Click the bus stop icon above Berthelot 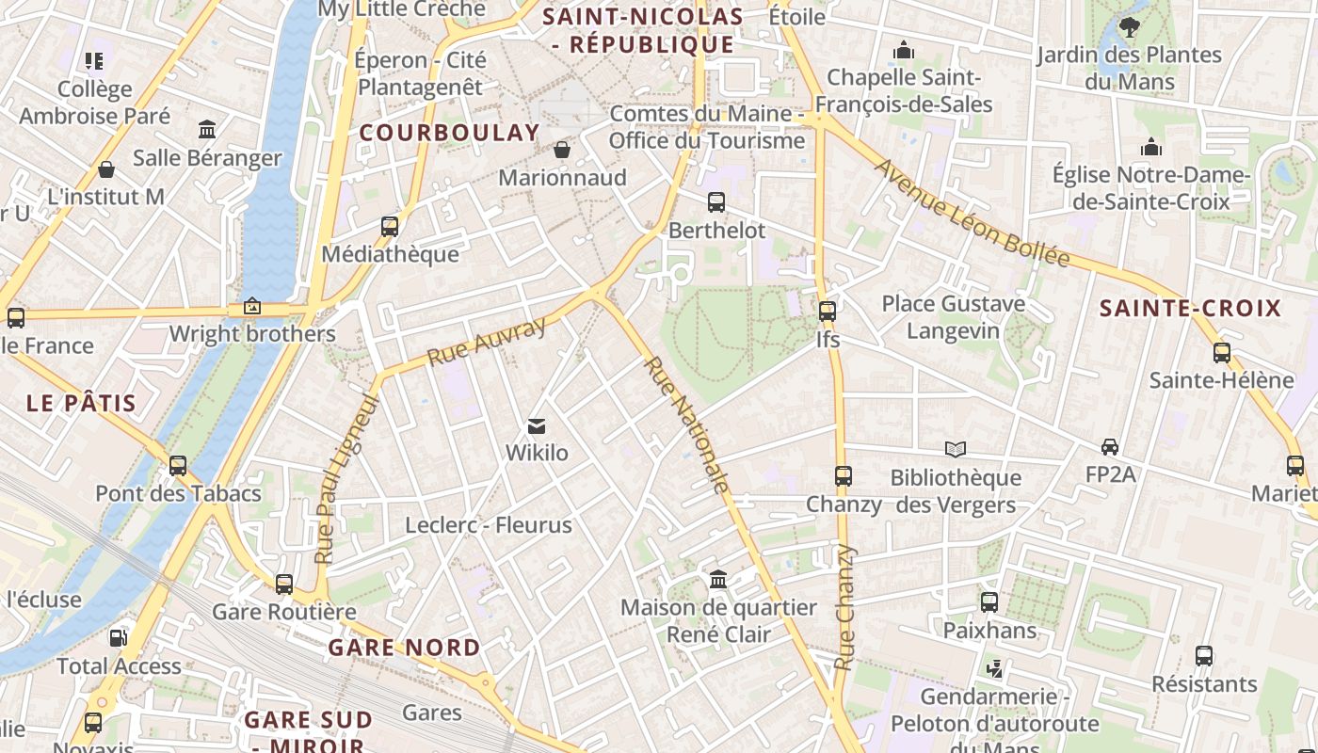pos(716,201)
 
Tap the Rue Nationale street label pos(686,425)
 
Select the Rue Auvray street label pos(486,342)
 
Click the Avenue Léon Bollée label pos(972,213)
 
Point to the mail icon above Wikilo pos(537,426)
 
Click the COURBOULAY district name pos(449,133)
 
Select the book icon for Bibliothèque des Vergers pos(956,449)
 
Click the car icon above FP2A pos(1110,446)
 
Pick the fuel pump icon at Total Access pos(118,637)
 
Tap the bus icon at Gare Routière pos(284,584)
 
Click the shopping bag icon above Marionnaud pos(562,150)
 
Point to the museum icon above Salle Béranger pos(207,129)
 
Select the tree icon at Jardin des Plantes pos(1129,27)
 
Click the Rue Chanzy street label pos(845,607)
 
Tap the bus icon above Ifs pos(828,311)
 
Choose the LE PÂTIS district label pos(81,403)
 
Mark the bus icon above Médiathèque pos(390,226)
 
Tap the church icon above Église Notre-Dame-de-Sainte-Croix pos(1150,147)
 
